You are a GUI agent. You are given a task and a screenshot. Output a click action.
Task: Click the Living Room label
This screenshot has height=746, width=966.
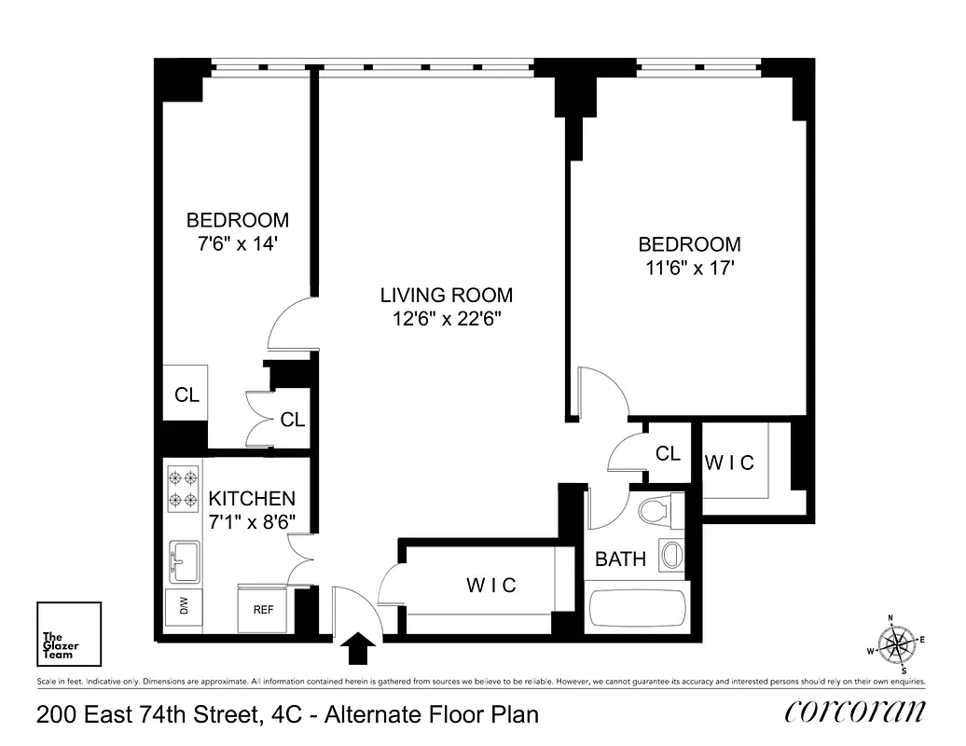point(446,296)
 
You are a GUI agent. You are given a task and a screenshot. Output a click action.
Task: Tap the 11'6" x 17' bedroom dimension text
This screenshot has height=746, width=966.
point(689,268)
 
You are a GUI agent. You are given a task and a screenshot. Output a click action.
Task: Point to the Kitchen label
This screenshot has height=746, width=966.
point(252,499)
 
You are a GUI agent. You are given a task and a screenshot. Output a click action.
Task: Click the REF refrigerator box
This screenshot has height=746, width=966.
point(264,610)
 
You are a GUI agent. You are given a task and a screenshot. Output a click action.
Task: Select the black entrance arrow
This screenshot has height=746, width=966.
point(359,645)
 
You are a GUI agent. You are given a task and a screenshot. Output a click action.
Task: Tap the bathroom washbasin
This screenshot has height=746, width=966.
point(669,557)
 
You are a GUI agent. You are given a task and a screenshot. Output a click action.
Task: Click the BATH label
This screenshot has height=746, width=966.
point(620,559)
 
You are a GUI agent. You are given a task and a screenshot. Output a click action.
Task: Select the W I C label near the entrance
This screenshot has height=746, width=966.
point(490,585)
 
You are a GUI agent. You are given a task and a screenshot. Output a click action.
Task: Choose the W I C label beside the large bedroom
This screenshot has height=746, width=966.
point(729,463)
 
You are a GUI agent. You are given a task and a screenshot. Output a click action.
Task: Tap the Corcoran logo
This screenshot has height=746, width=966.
point(855,713)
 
